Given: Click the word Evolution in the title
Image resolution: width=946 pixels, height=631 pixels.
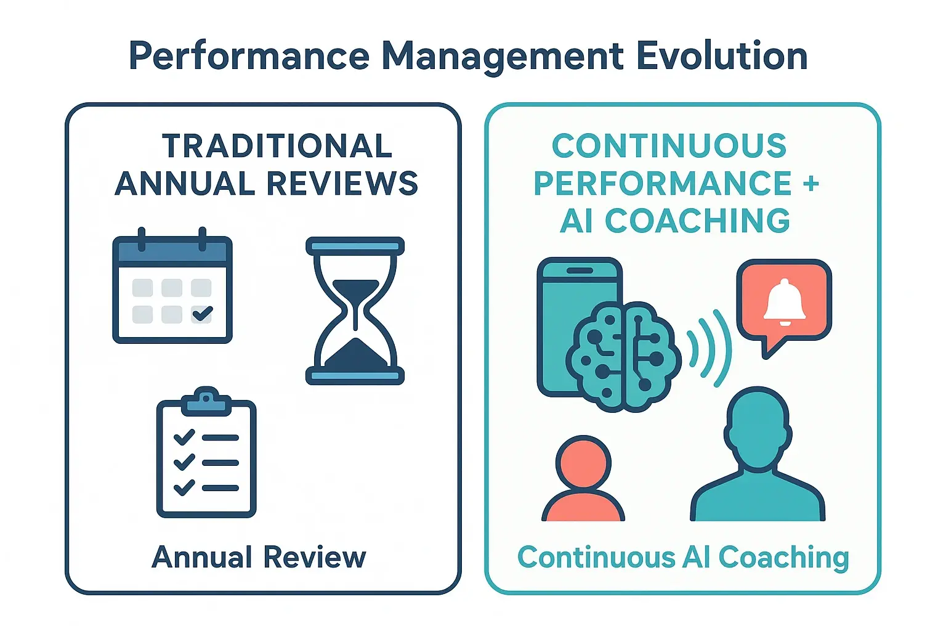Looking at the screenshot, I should pos(722,56).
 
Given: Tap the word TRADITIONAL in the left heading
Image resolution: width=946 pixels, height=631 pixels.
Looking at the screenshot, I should pos(277,146).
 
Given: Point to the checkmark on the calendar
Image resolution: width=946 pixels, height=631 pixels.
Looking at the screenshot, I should pos(202,314).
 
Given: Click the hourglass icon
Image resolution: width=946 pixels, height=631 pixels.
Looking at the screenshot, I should pos(355,311).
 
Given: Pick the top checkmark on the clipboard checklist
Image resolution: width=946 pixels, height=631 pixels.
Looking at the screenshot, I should pos(184,438).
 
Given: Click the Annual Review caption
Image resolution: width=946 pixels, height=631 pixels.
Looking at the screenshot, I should pos(259,557).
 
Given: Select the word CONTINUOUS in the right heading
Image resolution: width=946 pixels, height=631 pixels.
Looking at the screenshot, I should pos(669,146).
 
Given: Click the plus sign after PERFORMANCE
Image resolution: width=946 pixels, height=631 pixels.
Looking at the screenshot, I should pos(811,184).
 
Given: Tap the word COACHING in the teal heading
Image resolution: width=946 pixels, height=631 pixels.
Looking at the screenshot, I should pos(697,221).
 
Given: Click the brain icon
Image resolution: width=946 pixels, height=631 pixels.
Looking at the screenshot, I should pos(623,356).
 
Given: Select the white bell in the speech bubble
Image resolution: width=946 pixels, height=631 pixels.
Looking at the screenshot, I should pos(784,301).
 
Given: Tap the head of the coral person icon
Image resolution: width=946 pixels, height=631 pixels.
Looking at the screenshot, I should pos(583,463).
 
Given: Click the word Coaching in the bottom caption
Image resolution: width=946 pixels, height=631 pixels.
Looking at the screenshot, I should pos(783,558).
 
